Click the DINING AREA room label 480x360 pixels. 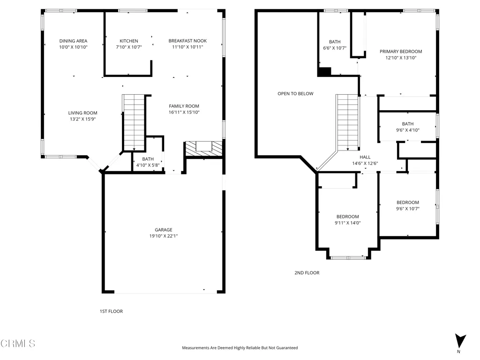coord(73,41)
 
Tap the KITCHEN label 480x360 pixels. coord(128,41)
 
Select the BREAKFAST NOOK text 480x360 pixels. coord(187,41)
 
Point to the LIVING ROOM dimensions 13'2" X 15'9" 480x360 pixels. coord(82,119)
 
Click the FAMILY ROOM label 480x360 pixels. coord(184,106)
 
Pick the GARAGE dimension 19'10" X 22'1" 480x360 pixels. coord(164,236)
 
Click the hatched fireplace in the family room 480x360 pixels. coord(204,149)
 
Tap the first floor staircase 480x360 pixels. coord(134,122)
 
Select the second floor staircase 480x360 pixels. coord(347,122)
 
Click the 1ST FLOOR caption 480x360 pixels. coord(111,311)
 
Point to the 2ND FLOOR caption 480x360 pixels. coord(307,273)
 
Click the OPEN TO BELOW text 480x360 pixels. coord(295,94)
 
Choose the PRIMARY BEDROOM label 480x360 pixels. coord(401,52)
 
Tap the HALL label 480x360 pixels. coord(365,157)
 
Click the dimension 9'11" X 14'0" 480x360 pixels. coord(347,223)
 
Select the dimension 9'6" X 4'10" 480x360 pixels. coord(408,130)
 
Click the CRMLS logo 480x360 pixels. coord(18,343)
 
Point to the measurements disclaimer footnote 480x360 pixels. coord(240,348)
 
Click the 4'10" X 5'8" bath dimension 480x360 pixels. coord(148,165)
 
